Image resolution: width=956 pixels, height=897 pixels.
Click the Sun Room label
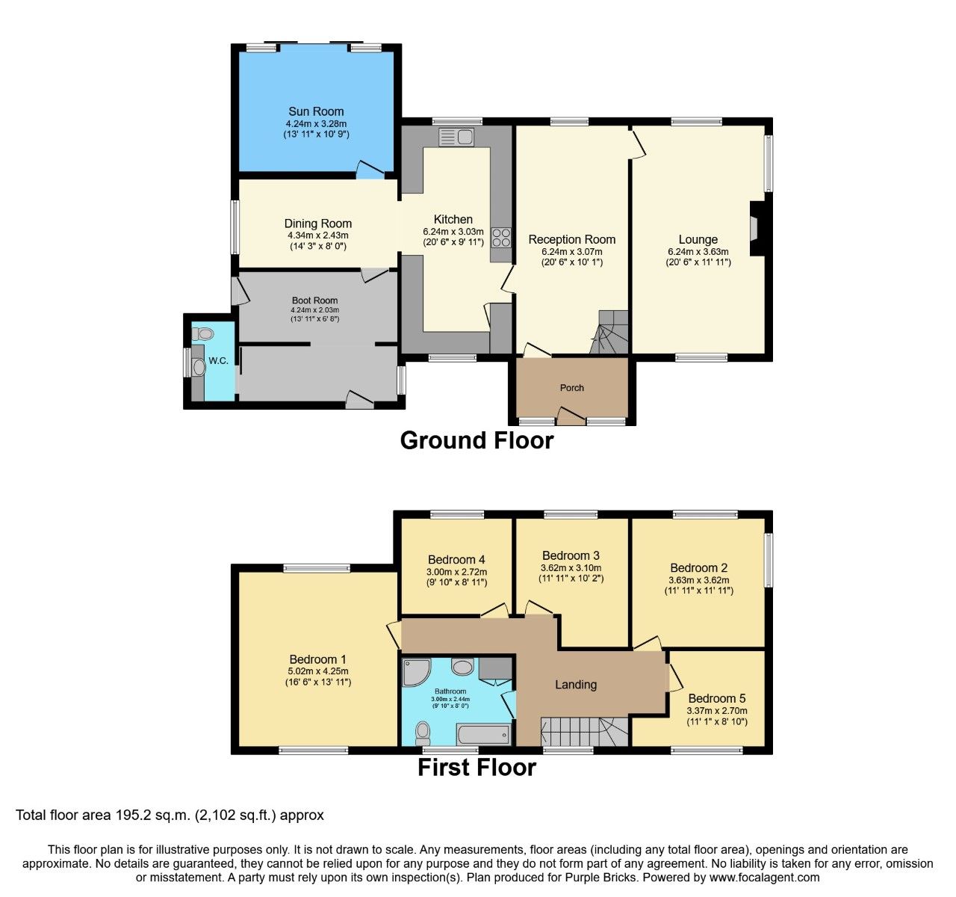click(316, 111)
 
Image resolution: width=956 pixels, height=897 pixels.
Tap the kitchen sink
click(456, 137)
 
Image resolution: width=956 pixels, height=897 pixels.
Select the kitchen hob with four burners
click(501, 237)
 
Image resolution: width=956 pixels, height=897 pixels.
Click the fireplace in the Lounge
click(756, 227)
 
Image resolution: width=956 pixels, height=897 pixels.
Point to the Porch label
click(572, 387)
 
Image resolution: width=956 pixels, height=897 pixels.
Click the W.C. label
click(219, 361)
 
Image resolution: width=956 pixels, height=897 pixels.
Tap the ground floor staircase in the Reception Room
click(610, 332)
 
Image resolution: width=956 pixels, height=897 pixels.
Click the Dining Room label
click(317, 224)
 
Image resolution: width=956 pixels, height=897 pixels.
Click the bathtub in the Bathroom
click(483, 734)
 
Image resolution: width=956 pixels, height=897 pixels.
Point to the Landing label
click(576, 684)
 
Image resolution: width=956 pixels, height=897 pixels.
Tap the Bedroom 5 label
click(716, 698)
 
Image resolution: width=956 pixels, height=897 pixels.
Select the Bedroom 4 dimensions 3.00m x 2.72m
click(456, 572)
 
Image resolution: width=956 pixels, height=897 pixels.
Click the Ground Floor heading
click(477, 440)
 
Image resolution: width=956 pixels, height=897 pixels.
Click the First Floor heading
click(477, 768)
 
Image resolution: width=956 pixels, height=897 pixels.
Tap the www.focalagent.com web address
click(763, 878)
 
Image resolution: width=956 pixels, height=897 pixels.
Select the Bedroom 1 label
click(317, 659)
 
